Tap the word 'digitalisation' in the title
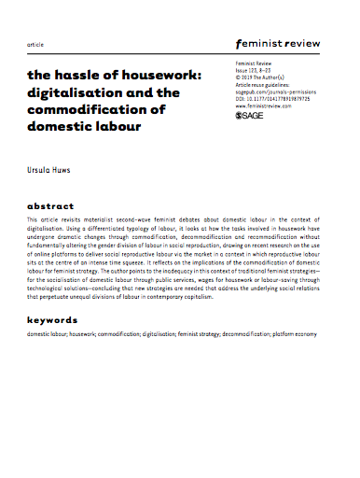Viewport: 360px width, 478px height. [73, 92]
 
